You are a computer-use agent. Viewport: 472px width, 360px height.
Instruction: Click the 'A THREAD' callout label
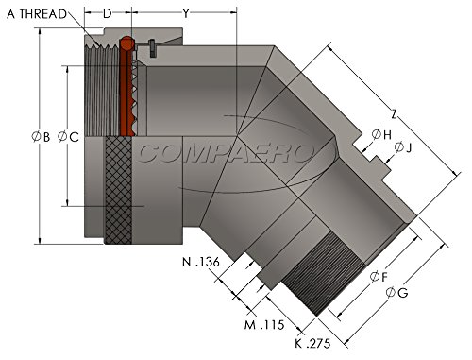tap(37, 14)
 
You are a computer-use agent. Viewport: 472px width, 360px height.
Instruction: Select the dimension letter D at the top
tap(108, 13)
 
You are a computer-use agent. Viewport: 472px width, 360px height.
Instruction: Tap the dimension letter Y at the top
tap(186, 13)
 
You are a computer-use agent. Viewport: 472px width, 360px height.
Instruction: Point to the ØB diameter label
tap(41, 137)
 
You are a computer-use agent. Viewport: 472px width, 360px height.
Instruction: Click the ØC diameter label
tap(68, 137)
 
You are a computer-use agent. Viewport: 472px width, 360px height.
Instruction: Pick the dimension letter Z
tap(394, 114)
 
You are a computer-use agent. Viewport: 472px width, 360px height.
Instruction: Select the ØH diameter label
tap(381, 134)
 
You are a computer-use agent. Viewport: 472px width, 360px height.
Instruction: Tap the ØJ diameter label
tap(403, 147)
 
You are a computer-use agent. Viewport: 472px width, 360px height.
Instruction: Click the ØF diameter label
tap(379, 277)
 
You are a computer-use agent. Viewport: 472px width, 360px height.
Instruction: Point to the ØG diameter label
tap(396, 293)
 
